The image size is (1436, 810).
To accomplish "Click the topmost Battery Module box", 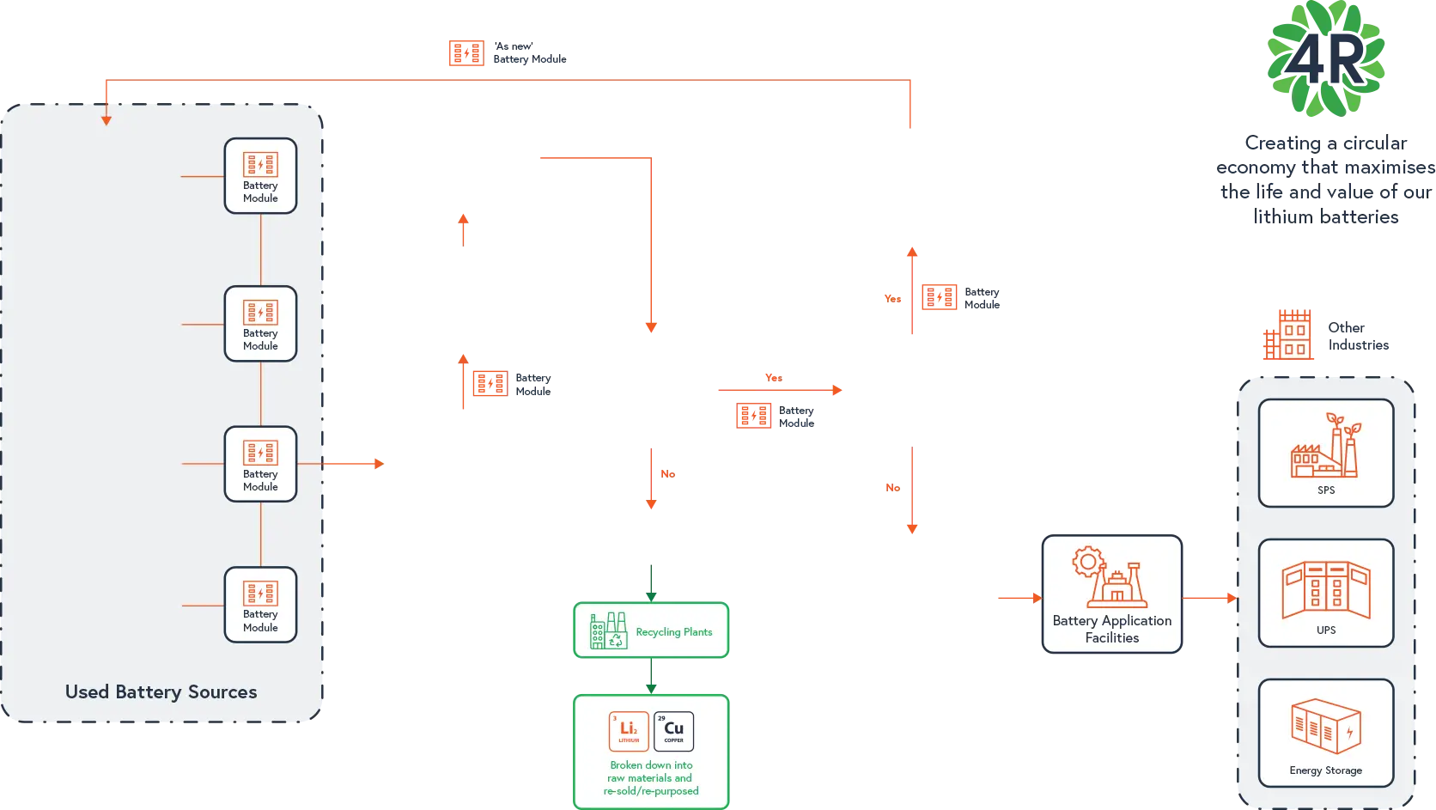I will [x=260, y=176].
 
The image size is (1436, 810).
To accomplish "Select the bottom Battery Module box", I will [x=260, y=605].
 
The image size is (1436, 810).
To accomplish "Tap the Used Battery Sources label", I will [x=161, y=692].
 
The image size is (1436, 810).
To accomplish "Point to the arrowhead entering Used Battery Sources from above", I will [x=106, y=119].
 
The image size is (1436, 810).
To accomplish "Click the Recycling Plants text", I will [x=673, y=632].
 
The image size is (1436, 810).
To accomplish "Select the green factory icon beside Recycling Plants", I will [x=608, y=630].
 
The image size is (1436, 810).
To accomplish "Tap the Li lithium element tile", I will [x=629, y=731].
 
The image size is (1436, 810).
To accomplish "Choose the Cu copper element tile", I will [x=673, y=731].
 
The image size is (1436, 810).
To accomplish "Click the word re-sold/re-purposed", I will [x=651, y=791].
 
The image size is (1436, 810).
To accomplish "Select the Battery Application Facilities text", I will [x=1111, y=629].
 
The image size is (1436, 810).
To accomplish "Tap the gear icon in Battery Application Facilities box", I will [x=1087, y=563].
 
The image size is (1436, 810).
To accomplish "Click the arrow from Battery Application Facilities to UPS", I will [x=1210, y=597].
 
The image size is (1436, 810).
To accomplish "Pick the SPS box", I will [x=1325, y=453].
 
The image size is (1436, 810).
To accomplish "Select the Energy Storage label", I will [x=1325, y=770].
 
